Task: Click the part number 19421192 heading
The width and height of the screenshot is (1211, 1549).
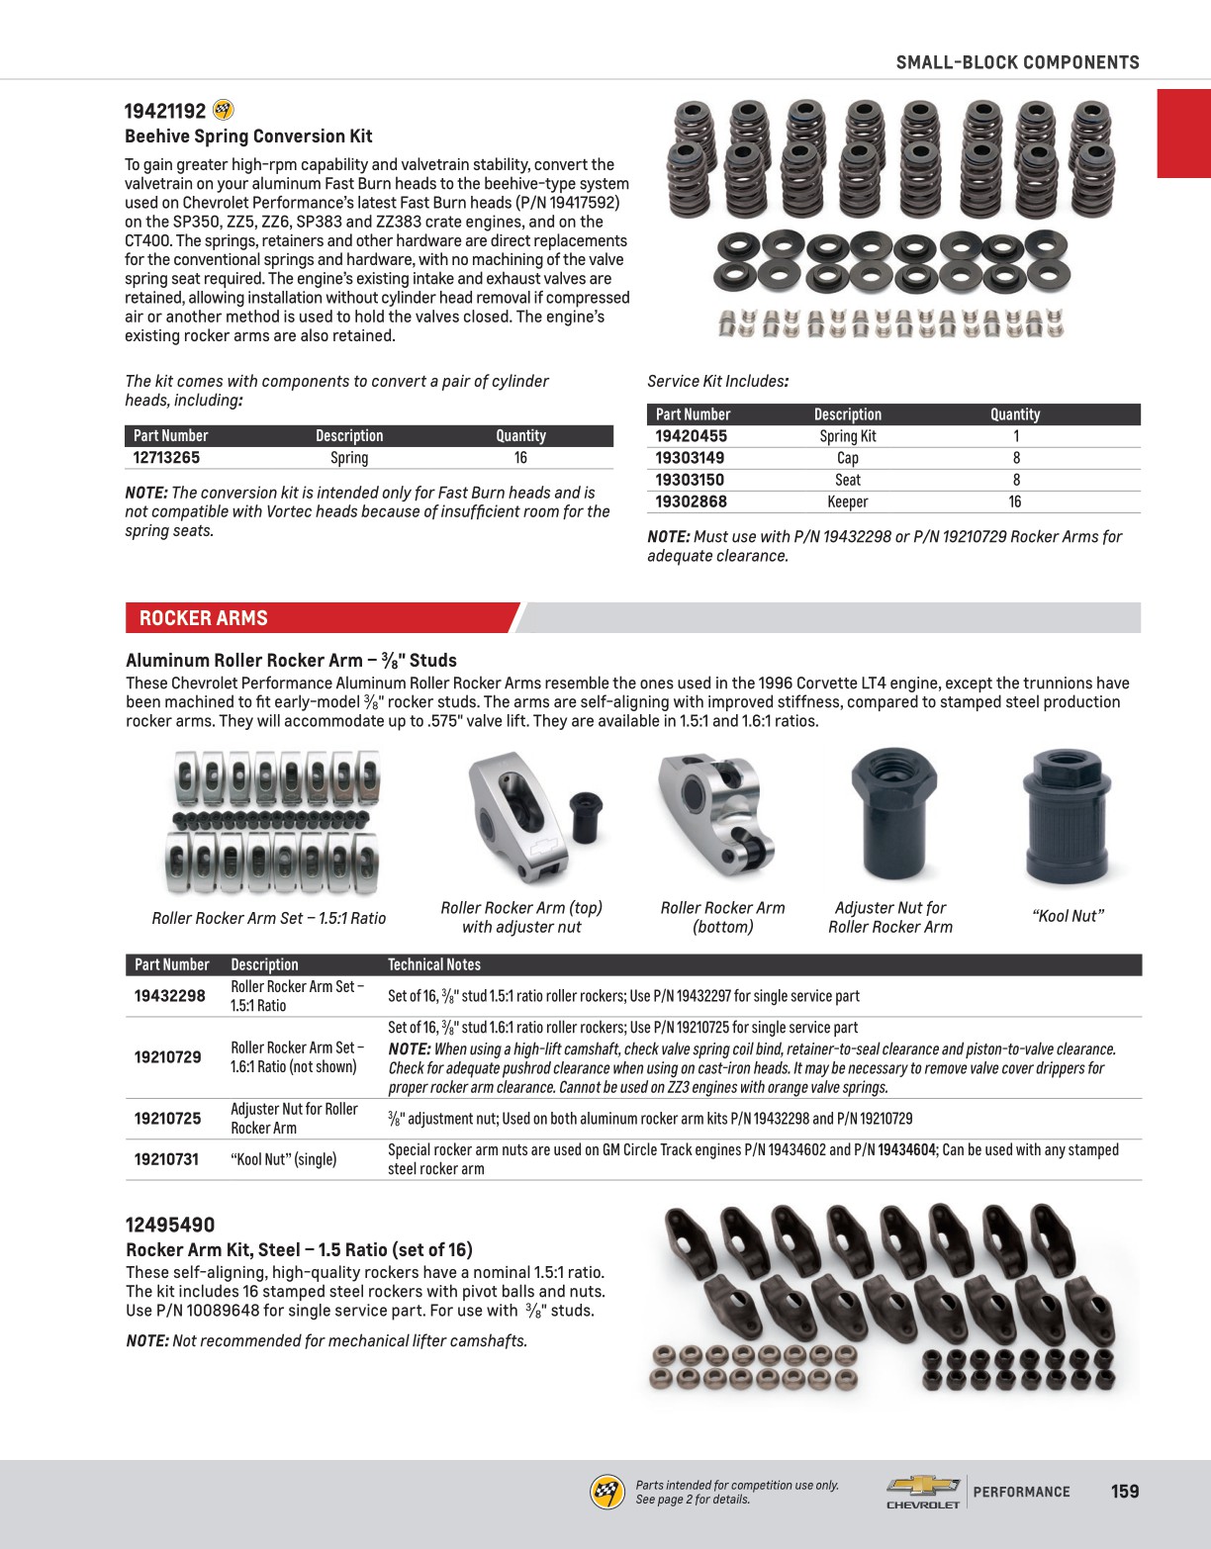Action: (x=165, y=111)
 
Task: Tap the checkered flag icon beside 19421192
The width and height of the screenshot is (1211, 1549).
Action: (x=224, y=110)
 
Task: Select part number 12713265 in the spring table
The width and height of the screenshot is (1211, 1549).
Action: (x=166, y=458)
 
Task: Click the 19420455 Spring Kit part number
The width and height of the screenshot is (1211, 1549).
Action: (x=691, y=436)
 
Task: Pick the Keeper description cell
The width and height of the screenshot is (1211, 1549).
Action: (x=847, y=501)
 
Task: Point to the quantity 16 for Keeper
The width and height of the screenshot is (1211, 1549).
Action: (x=1014, y=501)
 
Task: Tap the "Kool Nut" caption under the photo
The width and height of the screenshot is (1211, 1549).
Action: (x=1068, y=916)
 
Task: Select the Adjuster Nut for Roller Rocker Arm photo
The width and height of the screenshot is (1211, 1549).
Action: (x=892, y=814)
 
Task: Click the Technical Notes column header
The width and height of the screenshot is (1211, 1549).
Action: (x=433, y=964)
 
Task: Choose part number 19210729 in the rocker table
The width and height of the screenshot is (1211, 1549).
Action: (x=167, y=1057)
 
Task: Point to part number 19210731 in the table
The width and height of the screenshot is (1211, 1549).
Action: (x=166, y=1159)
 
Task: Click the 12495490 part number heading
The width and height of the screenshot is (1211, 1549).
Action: (x=170, y=1225)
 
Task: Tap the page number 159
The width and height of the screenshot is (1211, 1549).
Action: (x=1125, y=1491)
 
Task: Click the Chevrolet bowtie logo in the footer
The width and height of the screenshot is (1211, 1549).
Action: (x=922, y=1486)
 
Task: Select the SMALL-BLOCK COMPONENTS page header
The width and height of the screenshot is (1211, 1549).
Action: (x=1017, y=62)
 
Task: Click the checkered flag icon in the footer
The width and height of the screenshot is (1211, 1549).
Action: (x=606, y=1492)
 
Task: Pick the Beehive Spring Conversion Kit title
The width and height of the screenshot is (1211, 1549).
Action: (x=248, y=137)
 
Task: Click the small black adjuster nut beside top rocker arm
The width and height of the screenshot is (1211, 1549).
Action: (x=586, y=817)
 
